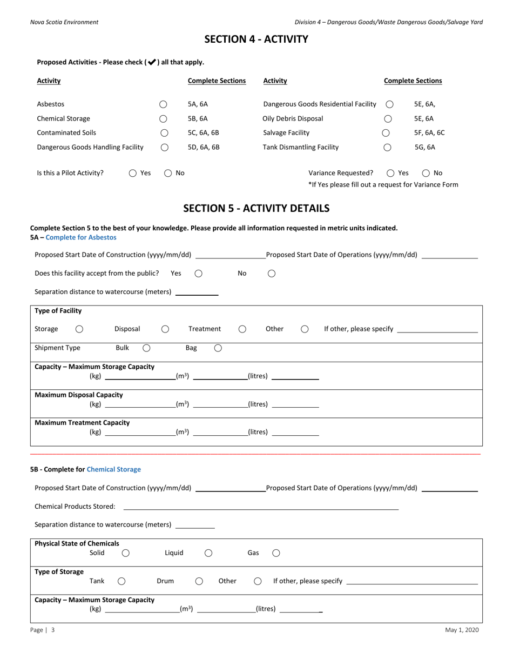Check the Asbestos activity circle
tap(164, 104)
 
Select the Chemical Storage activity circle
tap(164, 118)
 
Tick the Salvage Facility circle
tap(386, 133)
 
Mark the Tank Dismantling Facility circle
tap(387, 147)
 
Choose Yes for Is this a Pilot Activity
tap(133, 174)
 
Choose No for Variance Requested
tap(426, 174)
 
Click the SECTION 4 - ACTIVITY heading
tap(256, 39)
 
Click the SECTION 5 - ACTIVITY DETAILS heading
tap(256, 208)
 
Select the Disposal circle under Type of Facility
tap(165, 329)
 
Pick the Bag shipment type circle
tap(218, 348)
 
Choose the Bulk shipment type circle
tap(146, 348)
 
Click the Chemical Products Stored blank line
tap(261, 507)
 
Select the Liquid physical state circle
tap(208, 553)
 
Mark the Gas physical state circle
tap(276, 553)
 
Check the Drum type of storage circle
tap(199, 581)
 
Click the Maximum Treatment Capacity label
tap(82, 423)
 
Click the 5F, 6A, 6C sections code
tap(429, 133)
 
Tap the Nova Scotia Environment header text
tap(64, 22)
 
